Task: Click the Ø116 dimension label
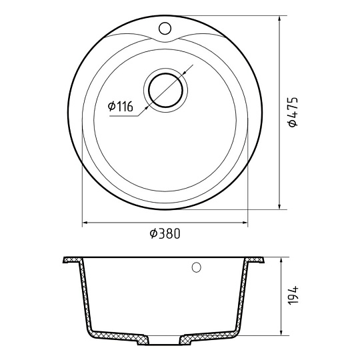pos(120,106)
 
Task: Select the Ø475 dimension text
pos(293,112)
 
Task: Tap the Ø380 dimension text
pos(165,233)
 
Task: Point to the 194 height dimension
pos(293,295)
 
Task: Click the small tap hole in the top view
pos(165,28)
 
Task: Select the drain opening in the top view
pos(166,90)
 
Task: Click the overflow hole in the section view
pos(196,267)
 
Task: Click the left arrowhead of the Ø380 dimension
pos(85,223)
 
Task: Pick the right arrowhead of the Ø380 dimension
pos(245,223)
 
